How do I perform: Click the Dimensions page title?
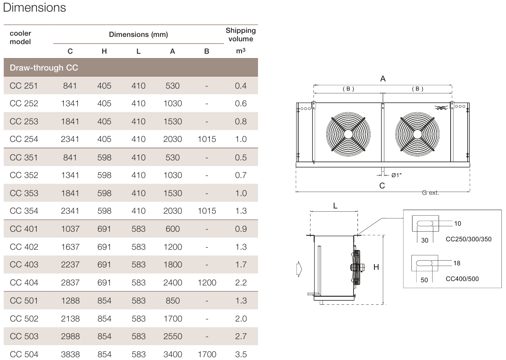tap(35, 8)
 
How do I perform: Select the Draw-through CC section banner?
tap(131, 67)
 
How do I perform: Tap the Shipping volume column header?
tap(241, 34)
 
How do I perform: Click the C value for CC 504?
tap(70, 354)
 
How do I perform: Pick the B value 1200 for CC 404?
tap(207, 283)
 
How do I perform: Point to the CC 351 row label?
tap(24, 158)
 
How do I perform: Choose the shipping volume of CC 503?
tap(241, 336)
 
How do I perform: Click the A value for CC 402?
tap(173, 247)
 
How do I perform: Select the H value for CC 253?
tap(104, 121)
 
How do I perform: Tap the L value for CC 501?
tap(138, 301)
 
